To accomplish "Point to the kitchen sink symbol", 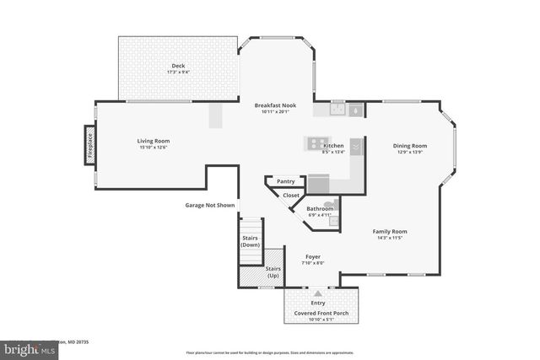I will [x=338, y=109].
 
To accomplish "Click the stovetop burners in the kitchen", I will [x=318, y=143].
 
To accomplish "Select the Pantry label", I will [x=285, y=180].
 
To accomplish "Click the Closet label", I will [x=291, y=195].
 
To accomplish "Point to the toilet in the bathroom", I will [x=331, y=204].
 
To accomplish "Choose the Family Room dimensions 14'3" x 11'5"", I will [x=390, y=238].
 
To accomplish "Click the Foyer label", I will [x=313, y=256].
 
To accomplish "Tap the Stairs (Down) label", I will [x=251, y=241].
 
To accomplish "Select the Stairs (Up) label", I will [x=273, y=272].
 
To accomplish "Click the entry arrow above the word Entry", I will [x=317, y=293].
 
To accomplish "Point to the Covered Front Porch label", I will [x=321, y=313].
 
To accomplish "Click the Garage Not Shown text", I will [x=210, y=205].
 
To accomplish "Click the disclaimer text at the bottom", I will [x=270, y=352].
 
